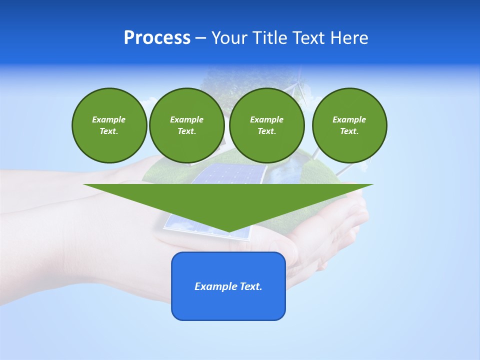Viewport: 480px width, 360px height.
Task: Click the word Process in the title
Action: point(157,38)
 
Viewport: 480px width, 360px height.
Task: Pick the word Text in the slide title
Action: point(310,38)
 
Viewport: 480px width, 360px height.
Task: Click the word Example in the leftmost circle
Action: point(109,119)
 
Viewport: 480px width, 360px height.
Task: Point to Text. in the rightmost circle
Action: point(349,131)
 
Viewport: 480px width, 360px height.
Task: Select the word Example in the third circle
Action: point(266,119)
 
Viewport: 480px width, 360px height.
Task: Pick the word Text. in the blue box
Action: point(250,286)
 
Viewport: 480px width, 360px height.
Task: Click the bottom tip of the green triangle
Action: point(228,231)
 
